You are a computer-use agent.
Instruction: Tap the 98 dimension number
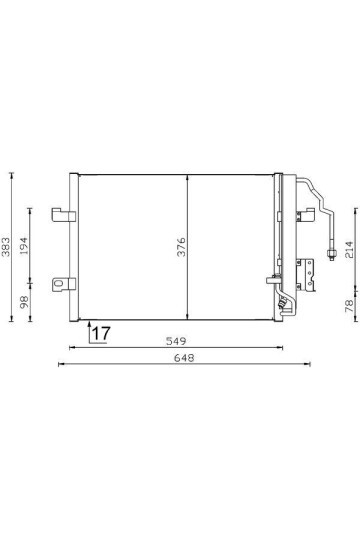(25, 300)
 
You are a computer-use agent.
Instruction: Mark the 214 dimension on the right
(349, 247)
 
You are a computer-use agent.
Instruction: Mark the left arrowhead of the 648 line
(62, 364)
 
